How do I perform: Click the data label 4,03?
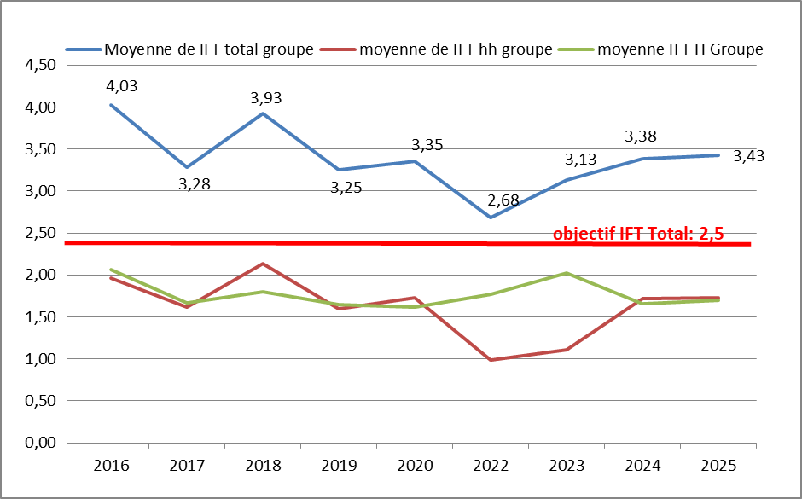click(x=122, y=85)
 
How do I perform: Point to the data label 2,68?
click(x=503, y=201)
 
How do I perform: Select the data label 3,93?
click(x=265, y=97)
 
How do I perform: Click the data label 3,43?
click(x=748, y=156)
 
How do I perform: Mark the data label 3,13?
click(x=580, y=160)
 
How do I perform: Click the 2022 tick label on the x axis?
click(x=491, y=467)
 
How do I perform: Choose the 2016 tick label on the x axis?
click(x=111, y=467)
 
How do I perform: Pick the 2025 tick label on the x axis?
click(x=718, y=467)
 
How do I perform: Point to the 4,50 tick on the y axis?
click(x=38, y=66)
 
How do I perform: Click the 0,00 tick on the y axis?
click(x=38, y=443)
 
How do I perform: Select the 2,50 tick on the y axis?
click(x=38, y=233)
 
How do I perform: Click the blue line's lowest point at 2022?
click(x=491, y=218)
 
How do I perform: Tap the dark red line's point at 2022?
click(x=491, y=360)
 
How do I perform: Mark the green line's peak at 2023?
click(x=567, y=273)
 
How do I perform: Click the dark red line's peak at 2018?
click(x=263, y=264)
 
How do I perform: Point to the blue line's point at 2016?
click(x=111, y=105)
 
